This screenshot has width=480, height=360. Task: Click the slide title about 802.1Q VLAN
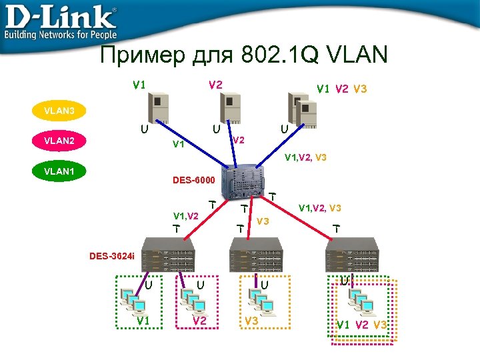pyautogui.click(x=243, y=55)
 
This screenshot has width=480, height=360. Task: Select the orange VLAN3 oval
pyautogui.click(x=59, y=111)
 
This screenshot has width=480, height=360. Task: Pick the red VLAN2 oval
pyautogui.click(x=59, y=141)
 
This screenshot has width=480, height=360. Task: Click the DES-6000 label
pyautogui.click(x=194, y=180)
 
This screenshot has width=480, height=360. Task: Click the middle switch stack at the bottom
pyautogui.click(x=256, y=255)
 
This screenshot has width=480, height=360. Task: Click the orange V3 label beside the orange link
pyautogui.click(x=263, y=221)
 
